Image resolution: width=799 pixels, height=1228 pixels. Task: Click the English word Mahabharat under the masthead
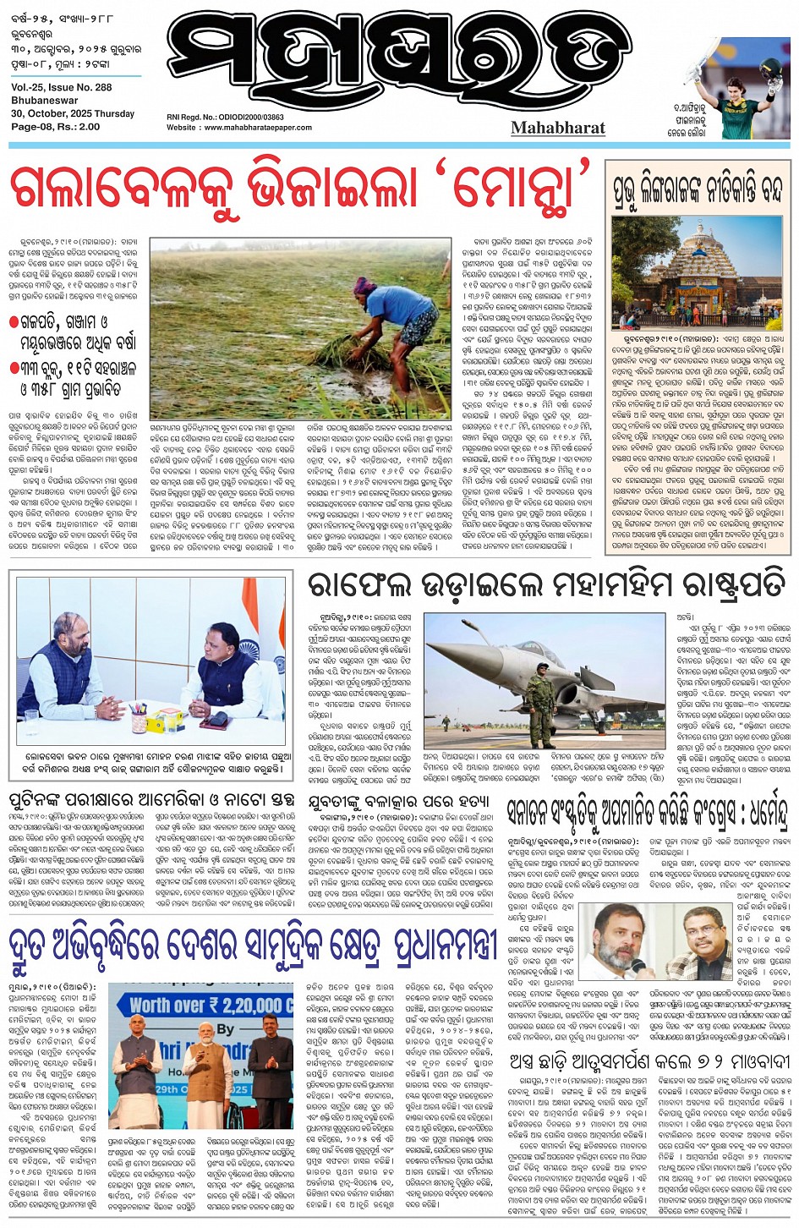coord(558,128)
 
